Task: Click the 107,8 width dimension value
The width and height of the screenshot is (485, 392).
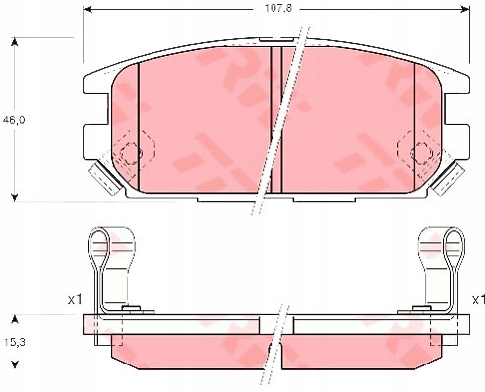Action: click(278, 9)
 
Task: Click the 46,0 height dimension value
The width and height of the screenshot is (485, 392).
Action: click(14, 120)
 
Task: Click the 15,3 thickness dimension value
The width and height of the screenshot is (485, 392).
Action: click(15, 342)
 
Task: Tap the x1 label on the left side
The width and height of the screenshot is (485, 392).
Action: click(75, 299)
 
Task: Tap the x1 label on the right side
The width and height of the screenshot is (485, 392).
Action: click(478, 299)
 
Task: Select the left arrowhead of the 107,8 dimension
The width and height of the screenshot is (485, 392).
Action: click(87, 9)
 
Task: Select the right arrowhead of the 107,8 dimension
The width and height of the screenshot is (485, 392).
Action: click(465, 9)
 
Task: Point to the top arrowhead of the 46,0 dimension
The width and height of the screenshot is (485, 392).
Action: click(14, 42)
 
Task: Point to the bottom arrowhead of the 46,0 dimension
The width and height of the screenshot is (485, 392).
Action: click(14, 197)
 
